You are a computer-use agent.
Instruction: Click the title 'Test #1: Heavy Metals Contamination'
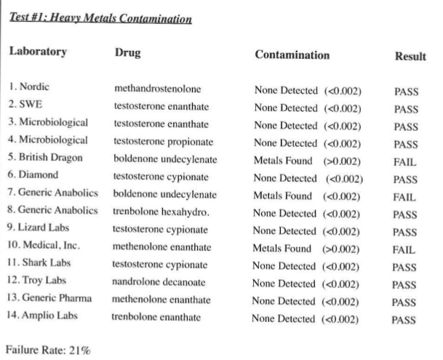[x=100, y=18]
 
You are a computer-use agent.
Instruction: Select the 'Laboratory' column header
[x=38, y=52]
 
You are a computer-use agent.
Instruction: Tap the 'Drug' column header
[x=128, y=53]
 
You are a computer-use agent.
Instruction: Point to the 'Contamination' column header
[x=292, y=55]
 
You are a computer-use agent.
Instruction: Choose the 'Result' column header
[x=410, y=55]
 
